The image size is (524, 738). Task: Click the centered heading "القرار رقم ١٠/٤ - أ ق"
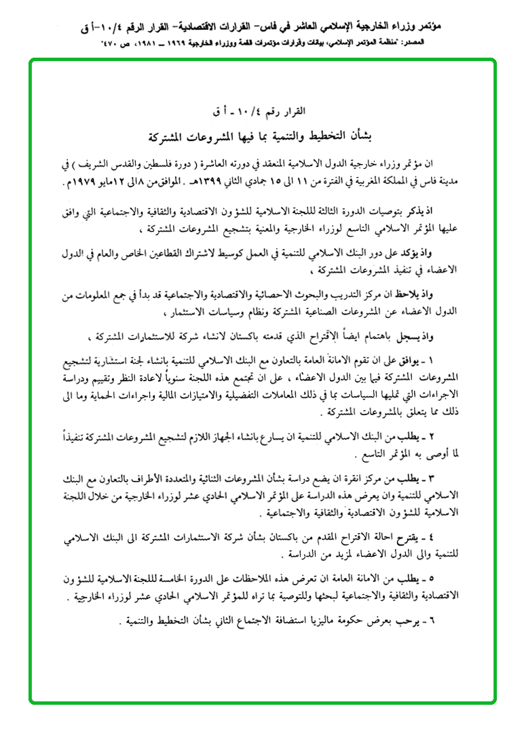pos(262,111)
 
